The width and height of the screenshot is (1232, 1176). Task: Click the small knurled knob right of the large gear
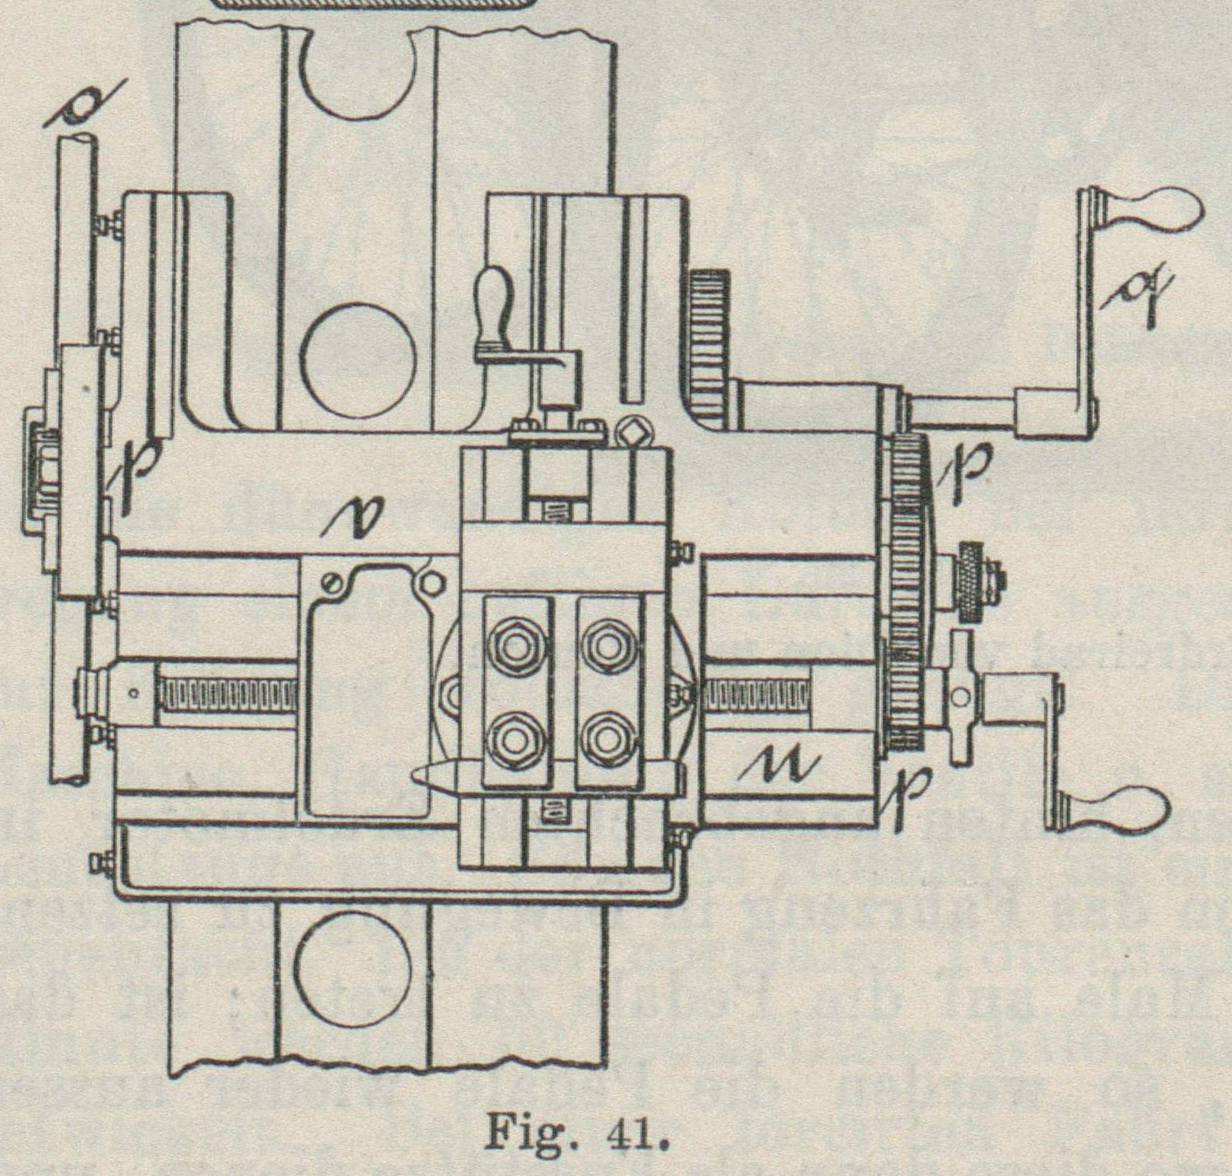972,582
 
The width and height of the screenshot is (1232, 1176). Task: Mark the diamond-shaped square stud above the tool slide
636,434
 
